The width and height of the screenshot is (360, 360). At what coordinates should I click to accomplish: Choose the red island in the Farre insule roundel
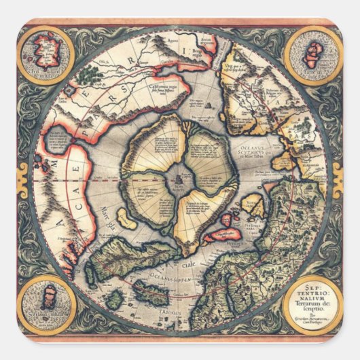pos(313,51)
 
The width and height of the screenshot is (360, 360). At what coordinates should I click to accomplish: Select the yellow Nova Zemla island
pos(255,204)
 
